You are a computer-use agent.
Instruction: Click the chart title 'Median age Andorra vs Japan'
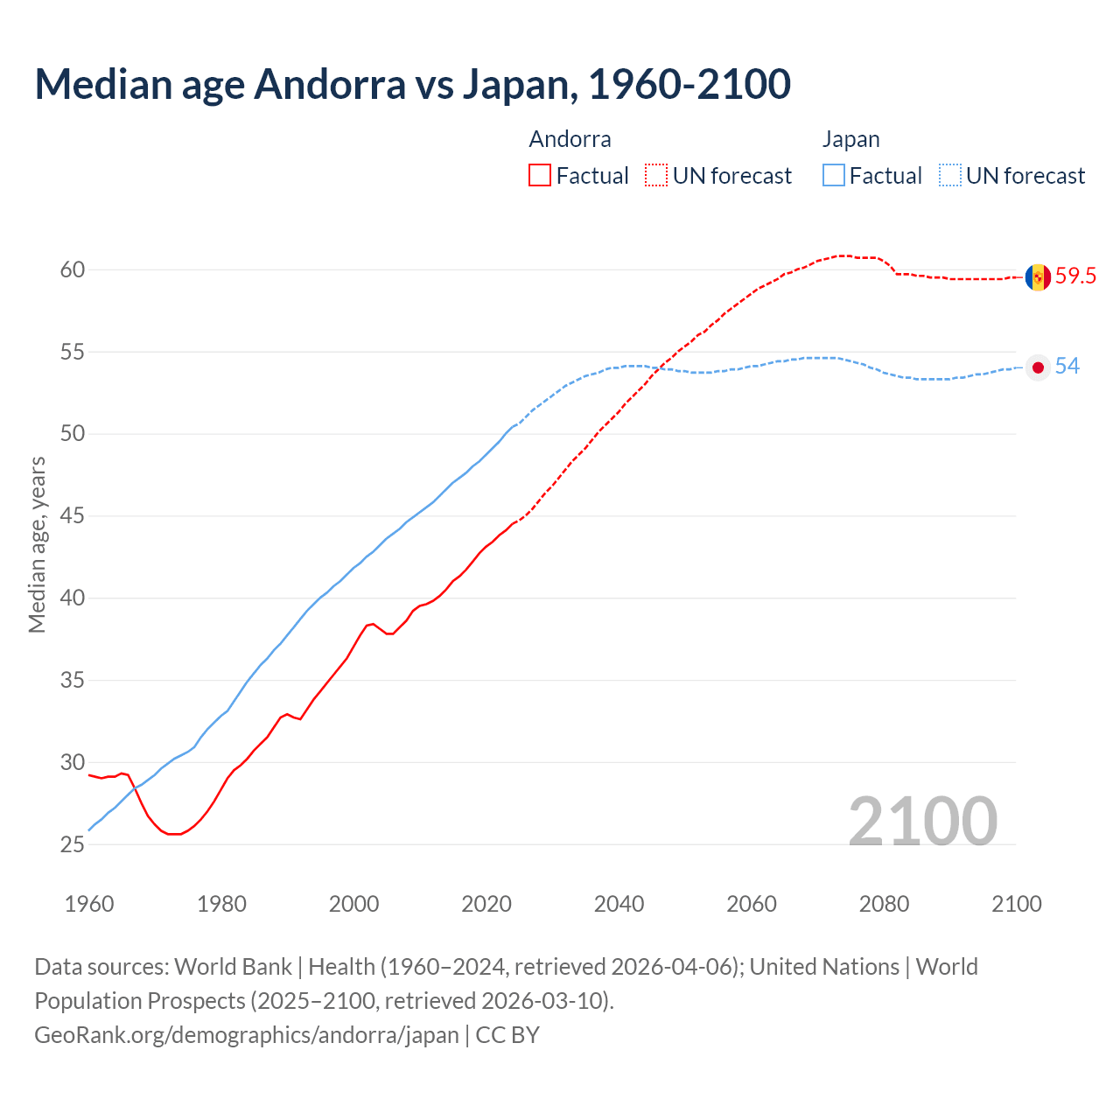[412, 84]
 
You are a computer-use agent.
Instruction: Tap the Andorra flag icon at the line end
[1038, 277]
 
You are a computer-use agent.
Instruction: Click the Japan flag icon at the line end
[1038, 367]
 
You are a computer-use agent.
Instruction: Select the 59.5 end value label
[1075, 276]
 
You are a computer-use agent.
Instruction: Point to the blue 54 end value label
[1067, 367]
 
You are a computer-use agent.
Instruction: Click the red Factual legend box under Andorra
[540, 176]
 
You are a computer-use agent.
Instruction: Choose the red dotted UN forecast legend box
[656, 176]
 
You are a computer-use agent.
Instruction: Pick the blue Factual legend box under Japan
[834, 176]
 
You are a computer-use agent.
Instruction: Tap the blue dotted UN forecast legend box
[950, 176]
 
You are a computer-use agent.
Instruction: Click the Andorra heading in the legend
[570, 139]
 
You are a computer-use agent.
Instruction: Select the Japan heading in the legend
[850, 139]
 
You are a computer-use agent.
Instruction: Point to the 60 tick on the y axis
[73, 270]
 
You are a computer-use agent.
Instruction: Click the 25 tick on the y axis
[73, 845]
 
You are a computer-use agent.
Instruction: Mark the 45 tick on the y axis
[73, 516]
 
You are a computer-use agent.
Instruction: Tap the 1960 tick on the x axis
[89, 904]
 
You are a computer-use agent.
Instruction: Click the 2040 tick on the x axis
[619, 904]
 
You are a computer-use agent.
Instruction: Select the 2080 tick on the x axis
[884, 904]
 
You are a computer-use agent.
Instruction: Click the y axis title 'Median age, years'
[37, 544]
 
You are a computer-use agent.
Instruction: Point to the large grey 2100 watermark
[922, 821]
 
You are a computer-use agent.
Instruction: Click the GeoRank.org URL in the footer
[246, 1035]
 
